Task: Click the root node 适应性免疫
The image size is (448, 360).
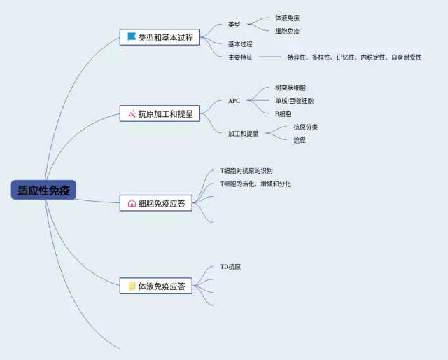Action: click(x=43, y=190)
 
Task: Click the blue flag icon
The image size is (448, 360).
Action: click(x=132, y=37)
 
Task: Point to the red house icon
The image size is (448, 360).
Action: click(x=132, y=204)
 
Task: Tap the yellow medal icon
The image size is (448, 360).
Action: click(x=132, y=286)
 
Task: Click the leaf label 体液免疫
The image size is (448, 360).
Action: click(x=287, y=18)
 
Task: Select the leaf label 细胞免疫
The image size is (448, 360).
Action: click(x=287, y=31)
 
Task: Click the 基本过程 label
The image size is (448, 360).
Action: click(x=240, y=44)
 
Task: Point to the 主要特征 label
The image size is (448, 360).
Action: click(x=240, y=57)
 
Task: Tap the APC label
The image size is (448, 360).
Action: click(x=234, y=101)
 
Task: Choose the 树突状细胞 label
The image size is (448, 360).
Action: click(x=290, y=88)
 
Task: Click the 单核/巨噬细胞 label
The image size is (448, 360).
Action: click(x=294, y=101)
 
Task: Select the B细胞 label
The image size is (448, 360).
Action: click(x=283, y=113)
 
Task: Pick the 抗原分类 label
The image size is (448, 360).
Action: click(x=306, y=127)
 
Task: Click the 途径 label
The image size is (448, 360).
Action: click(x=300, y=140)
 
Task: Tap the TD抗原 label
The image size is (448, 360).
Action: click(x=231, y=267)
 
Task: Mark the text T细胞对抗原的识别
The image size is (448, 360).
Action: click(x=246, y=171)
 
